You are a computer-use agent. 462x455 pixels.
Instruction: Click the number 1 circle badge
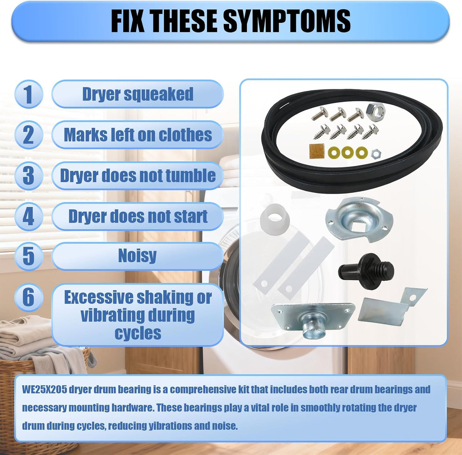click(x=29, y=94)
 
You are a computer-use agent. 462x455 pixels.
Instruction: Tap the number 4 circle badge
click(x=29, y=217)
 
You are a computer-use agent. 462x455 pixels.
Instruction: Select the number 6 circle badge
click(x=29, y=297)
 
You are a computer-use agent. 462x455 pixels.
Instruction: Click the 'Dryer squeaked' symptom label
click(x=137, y=94)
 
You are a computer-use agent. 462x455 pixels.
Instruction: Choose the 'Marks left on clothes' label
click(x=137, y=135)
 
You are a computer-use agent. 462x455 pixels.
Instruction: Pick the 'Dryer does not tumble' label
click(x=137, y=176)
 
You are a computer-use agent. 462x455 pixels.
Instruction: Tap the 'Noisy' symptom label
click(x=137, y=256)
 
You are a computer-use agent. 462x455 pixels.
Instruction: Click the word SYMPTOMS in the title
click(x=287, y=21)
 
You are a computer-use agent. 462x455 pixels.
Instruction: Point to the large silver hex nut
click(x=375, y=110)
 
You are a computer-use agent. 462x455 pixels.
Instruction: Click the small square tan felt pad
click(x=317, y=152)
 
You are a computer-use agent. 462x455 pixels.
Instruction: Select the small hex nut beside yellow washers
click(x=376, y=154)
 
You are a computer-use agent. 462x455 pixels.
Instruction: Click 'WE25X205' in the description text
click(x=45, y=390)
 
